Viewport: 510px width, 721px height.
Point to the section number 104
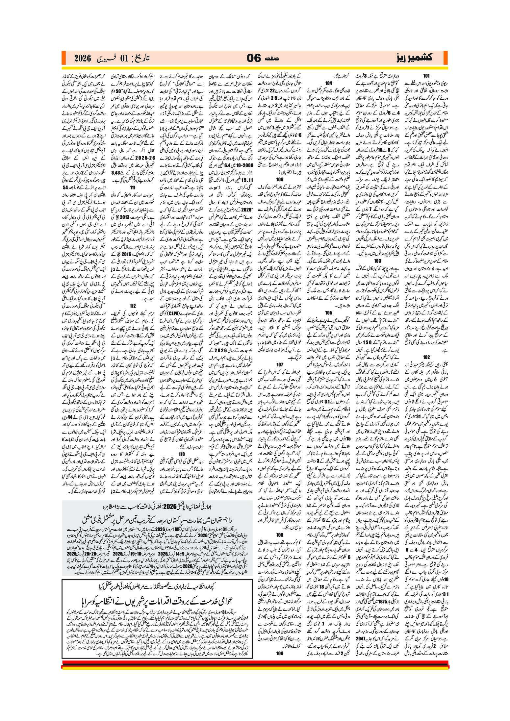click(328, 83)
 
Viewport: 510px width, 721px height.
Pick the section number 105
click(328, 312)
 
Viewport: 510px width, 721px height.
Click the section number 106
click(280, 179)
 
